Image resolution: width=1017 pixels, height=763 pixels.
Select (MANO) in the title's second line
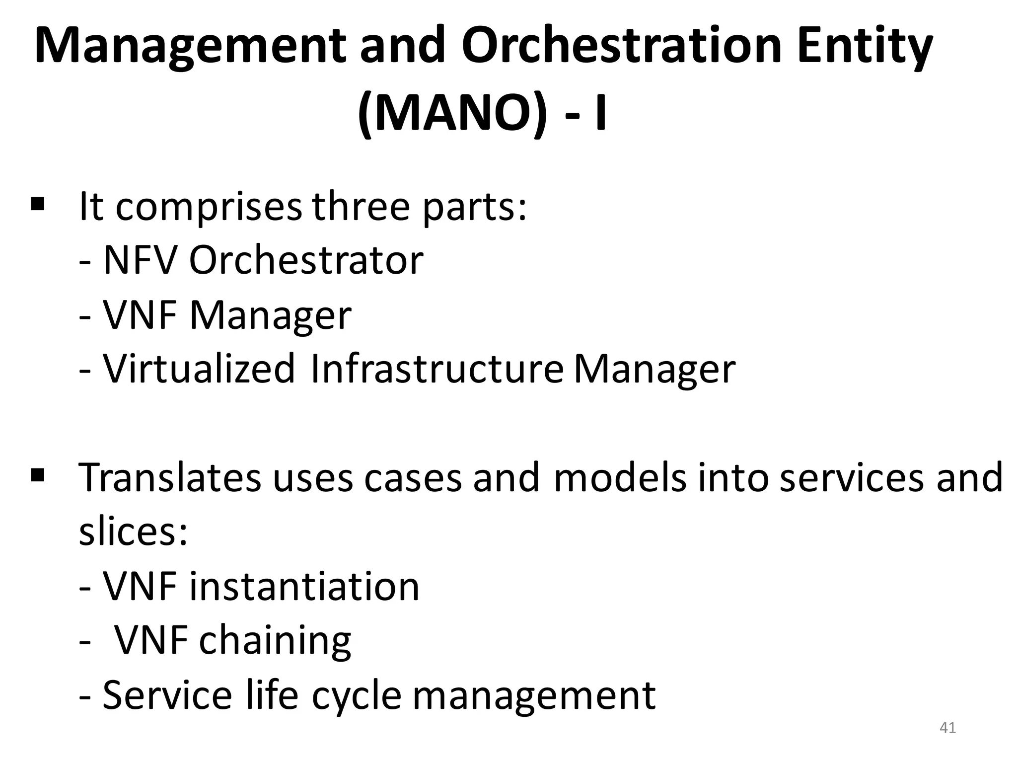[x=452, y=114]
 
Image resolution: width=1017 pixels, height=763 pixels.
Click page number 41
[x=947, y=728]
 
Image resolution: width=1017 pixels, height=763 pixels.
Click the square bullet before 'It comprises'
[x=38, y=204]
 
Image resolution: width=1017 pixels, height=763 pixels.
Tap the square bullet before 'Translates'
[x=38, y=475]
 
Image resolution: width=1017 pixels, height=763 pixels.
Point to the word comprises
[x=209, y=207]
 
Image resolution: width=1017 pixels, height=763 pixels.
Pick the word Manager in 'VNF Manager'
[x=271, y=316]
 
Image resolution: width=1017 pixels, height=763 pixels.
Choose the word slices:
[x=133, y=532]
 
